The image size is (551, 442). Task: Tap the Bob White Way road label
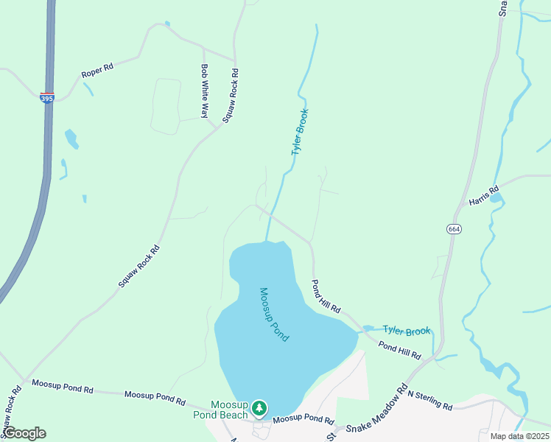click(205, 91)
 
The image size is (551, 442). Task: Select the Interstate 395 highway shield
click(47, 97)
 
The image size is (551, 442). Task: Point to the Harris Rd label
click(484, 196)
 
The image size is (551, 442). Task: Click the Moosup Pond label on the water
click(274, 314)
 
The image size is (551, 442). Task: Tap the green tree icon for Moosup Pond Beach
click(259, 407)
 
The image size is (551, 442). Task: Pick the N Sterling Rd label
click(429, 401)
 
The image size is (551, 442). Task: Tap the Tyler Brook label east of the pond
click(406, 331)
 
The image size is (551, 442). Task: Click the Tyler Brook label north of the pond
click(299, 132)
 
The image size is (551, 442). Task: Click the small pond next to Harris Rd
click(496, 197)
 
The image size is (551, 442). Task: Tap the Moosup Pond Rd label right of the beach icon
click(303, 419)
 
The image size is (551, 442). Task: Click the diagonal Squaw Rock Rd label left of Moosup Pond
click(139, 265)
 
